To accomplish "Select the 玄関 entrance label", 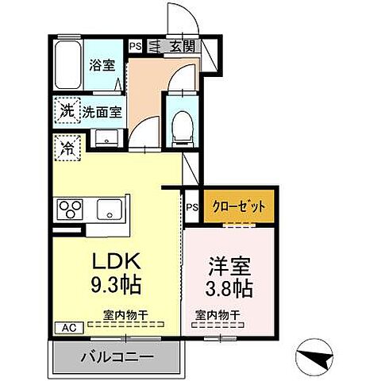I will coord(181,47).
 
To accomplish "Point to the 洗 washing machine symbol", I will coord(67,111).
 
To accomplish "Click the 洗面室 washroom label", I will coord(104,112).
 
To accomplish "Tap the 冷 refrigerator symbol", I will coord(67,147).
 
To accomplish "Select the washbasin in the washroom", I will coord(103,137).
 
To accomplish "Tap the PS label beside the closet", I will coord(191,208).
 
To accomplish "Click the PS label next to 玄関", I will coord(136,46).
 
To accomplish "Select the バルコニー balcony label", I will coord(116,358).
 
